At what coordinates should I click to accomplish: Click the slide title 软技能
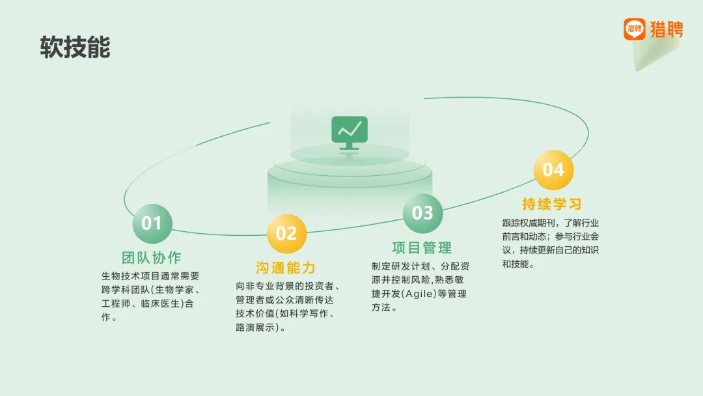pyautogui.click(x=76, y=48)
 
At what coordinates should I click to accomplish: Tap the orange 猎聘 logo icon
pyautogui.click(x=634, y=29)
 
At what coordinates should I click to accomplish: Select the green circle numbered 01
pyautogui.click(x=152, y=223)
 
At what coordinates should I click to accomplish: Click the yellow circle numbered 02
pyautogui.click(x=286, y=233)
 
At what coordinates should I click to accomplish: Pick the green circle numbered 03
pyautogui.click(x=422, y=212)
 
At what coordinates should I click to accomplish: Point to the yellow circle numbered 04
pyautogui.click(x=553, y=169)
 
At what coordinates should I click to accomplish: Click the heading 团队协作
pyautogui.click(x=152, y=257)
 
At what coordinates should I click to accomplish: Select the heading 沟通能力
pyautogui.click(x=286, y=268)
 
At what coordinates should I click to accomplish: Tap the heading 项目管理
pyautogui.click(x=422, y=247)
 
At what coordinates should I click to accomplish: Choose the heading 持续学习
pyautogui.click(x=552, y=204)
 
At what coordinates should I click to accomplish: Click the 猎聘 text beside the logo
pyautogui.click(x=667, y=29)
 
